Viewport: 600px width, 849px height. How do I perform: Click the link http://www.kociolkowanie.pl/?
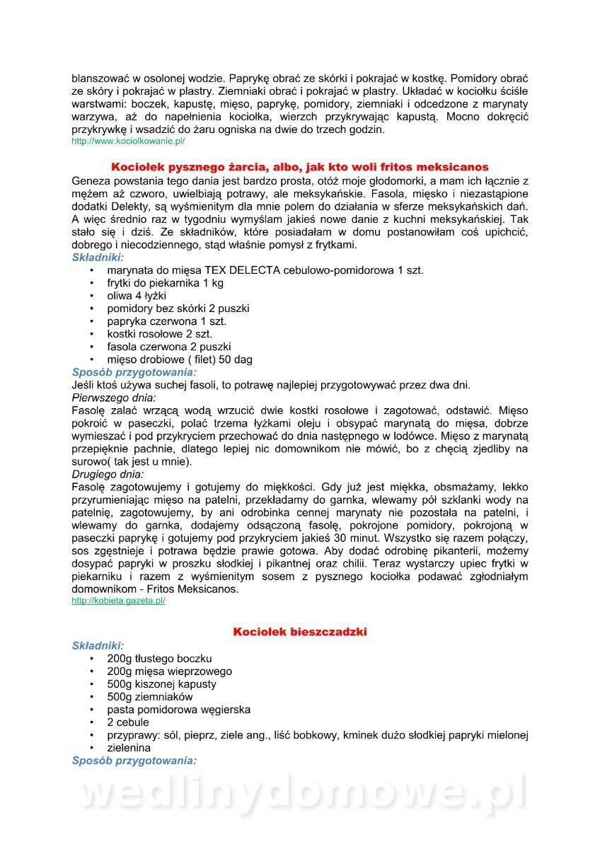(x=128, y=141)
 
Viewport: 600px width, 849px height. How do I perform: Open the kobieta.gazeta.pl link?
(x=118, y=601)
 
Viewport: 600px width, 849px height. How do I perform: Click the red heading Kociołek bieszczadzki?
(x=300, y=632)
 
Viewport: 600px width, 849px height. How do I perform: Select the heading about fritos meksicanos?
(x=300, y=167)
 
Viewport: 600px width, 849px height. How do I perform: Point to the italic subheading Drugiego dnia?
(x=108, y=474)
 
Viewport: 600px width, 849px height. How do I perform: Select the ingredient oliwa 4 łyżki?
(x=137, y=296)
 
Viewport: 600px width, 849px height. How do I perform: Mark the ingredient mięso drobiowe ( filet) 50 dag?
(x=180, y=359)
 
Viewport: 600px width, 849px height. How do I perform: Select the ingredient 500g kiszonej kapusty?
(x=161, y=684)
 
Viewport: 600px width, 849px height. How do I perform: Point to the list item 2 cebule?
(x=128, y=722)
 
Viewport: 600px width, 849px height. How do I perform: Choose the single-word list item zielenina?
(x=129, y=748)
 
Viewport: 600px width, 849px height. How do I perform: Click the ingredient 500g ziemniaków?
(x=149, y=697)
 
